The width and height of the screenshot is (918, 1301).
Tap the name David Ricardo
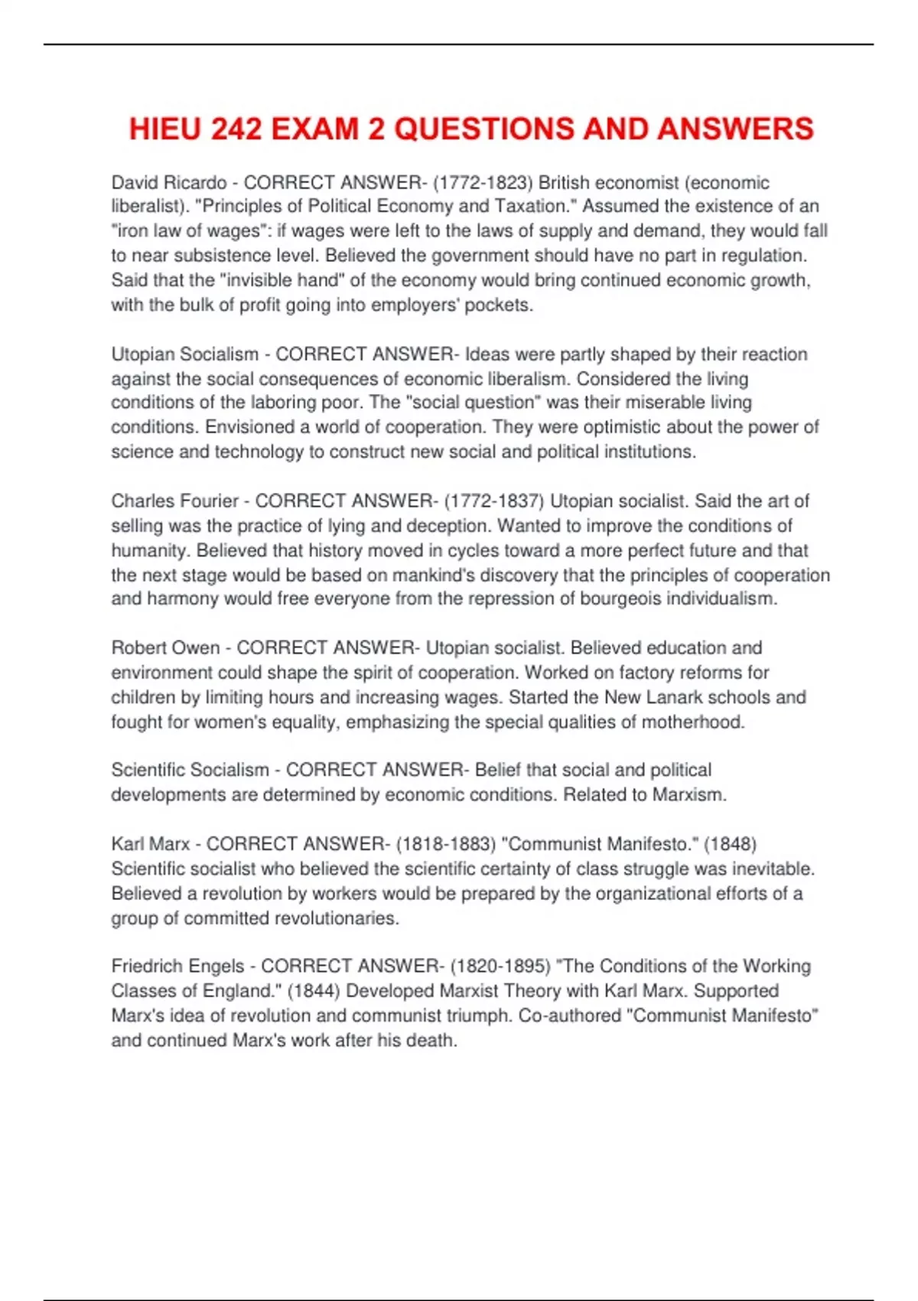tap(169, 182)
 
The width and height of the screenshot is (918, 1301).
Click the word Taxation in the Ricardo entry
tap(532, 207)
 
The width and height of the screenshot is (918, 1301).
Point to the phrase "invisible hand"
tap(282, 280)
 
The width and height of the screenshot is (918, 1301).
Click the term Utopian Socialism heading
tap(185, 354)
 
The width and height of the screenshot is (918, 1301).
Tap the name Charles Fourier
tap(175, 501)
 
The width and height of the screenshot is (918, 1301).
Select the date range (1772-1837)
tap(494, 501)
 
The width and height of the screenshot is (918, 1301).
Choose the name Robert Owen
tap(165, 648)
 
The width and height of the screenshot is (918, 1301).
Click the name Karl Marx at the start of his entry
tap(151, 844)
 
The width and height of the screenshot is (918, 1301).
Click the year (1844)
tap(314, 991)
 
